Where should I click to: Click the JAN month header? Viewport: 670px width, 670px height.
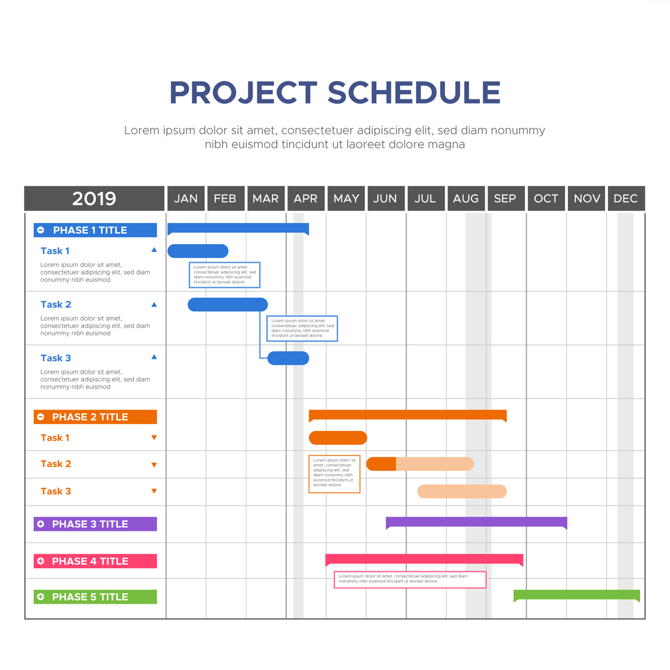(x=186, y=198)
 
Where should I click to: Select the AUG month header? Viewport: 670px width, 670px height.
(x=466, y=198)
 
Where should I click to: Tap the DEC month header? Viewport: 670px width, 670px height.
(x=626, y=198)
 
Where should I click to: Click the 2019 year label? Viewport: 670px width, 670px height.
(x=94, y=198)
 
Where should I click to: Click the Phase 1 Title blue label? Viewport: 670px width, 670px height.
(x=95, y=230)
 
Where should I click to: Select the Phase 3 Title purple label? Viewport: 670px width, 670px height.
(x=95, y=523)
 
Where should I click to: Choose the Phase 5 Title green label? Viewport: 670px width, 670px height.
(x=95, y=597)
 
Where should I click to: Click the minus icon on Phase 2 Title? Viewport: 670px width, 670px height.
(x=41, y=417)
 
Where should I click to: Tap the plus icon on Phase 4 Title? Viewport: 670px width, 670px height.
(x=41, y=561)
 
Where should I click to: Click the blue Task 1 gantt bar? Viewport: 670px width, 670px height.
(x=198, y=250)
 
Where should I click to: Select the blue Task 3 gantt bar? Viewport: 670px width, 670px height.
(x=288, y=358)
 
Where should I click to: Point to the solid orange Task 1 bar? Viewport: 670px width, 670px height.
(x=338, y=438)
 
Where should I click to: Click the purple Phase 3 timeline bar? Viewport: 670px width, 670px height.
(x=476, y=522)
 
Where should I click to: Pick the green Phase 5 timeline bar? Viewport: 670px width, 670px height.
(x=577, y=595)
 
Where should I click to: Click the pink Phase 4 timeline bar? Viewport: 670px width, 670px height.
(x=424, y=559)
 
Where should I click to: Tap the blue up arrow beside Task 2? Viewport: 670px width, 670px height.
(x=154, y=304)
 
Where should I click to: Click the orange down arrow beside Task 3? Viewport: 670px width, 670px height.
(x=154, y=491)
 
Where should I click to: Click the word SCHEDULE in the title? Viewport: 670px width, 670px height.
(x=414, y=93)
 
